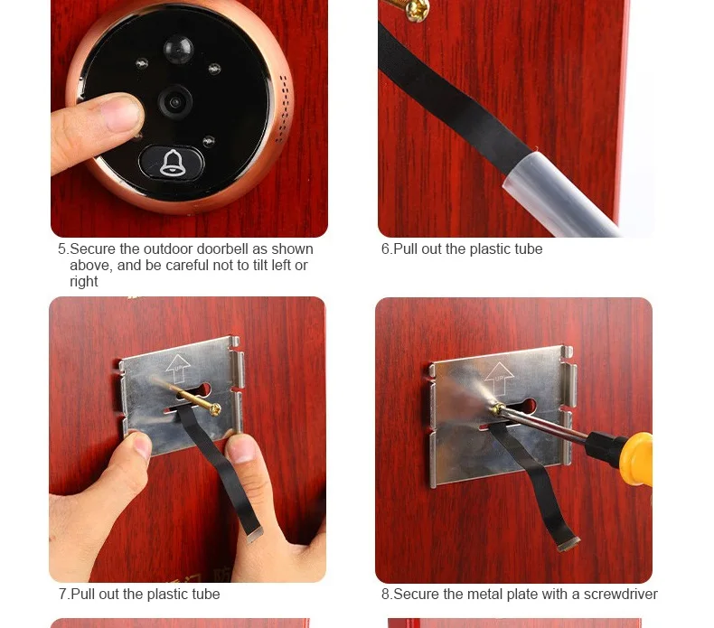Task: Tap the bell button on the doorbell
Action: (172, 163)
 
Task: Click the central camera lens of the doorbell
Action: (175, 102)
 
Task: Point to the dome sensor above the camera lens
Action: (178, 48)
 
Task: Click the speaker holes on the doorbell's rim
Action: (283, 108)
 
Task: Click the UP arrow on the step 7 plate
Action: (179, 368)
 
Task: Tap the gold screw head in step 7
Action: (214, 409)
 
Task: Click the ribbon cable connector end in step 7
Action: (254, 535)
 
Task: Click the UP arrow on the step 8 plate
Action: (499, 378)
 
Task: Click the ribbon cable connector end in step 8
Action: (569, 544)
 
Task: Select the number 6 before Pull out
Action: (386, 249)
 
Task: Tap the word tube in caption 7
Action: (205, 595)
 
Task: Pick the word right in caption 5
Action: (84, 282)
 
